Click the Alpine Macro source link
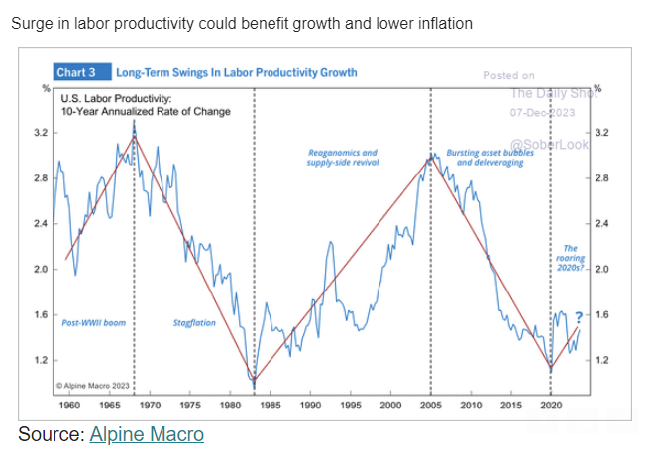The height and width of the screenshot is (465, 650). (146, 433)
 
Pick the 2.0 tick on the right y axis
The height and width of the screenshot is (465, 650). (602, 269)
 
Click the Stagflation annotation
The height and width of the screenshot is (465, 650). (194, 323)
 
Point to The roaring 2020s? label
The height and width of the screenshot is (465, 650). (571, 258)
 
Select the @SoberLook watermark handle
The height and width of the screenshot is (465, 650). (549, 144)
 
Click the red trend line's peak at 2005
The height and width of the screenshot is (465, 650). (430, 157)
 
